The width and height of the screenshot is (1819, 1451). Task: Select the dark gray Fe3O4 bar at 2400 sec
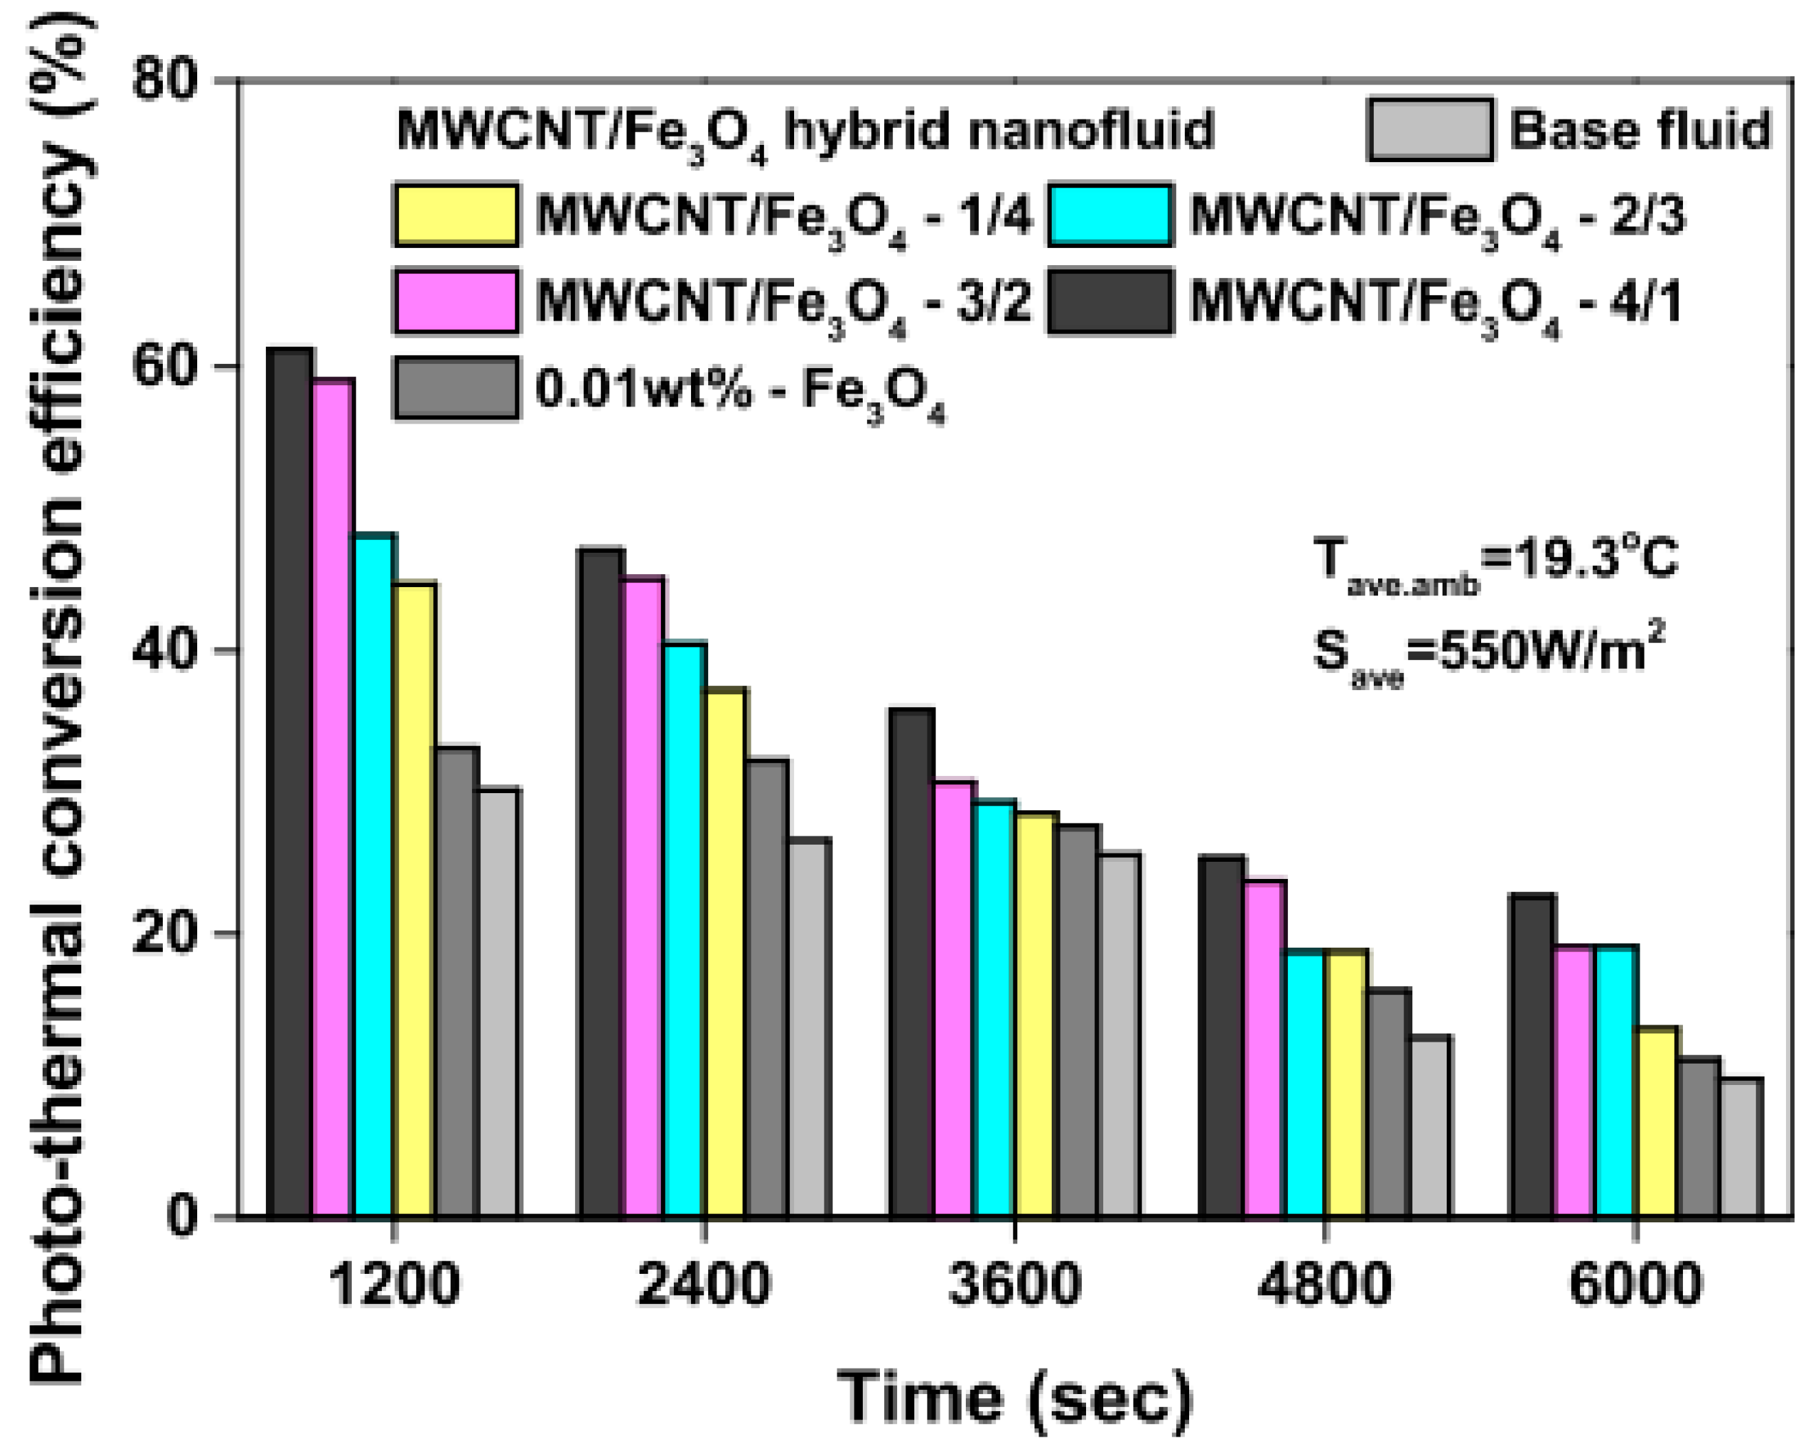[767, 987]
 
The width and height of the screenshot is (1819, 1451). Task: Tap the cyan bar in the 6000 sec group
[1616, 1079]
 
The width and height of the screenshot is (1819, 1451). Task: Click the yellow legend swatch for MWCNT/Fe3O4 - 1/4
[456, 215]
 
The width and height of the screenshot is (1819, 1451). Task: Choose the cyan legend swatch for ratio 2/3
[1110, 215]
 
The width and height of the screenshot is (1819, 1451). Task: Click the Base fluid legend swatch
[1430, 130]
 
